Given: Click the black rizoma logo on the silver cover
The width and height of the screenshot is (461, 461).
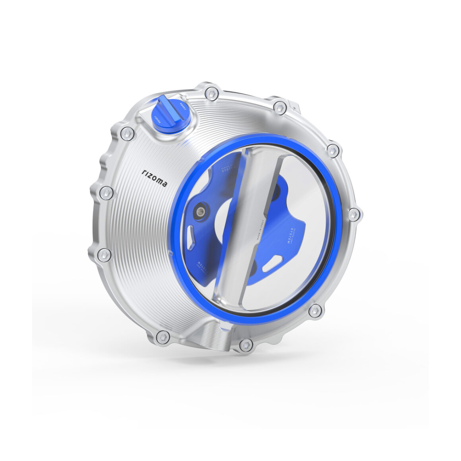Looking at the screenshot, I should click(155, 178).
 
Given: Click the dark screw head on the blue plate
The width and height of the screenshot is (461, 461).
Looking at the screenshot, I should click(200, 211).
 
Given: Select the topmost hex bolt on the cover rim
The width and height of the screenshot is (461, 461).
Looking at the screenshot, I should click(210, 93).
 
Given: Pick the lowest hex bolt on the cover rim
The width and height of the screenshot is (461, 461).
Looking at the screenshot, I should click(245, 345).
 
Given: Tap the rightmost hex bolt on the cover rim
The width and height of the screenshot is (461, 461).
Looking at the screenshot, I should click(354, 214).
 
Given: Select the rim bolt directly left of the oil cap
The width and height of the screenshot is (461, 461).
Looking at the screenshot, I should click(127, 134).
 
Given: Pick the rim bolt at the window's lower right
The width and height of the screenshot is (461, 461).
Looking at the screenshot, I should click(315, 311).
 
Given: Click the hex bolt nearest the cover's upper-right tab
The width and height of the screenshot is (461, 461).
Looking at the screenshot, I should click(280, 107).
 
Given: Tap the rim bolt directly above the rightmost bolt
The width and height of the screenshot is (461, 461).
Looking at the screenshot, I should click(333, 150).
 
